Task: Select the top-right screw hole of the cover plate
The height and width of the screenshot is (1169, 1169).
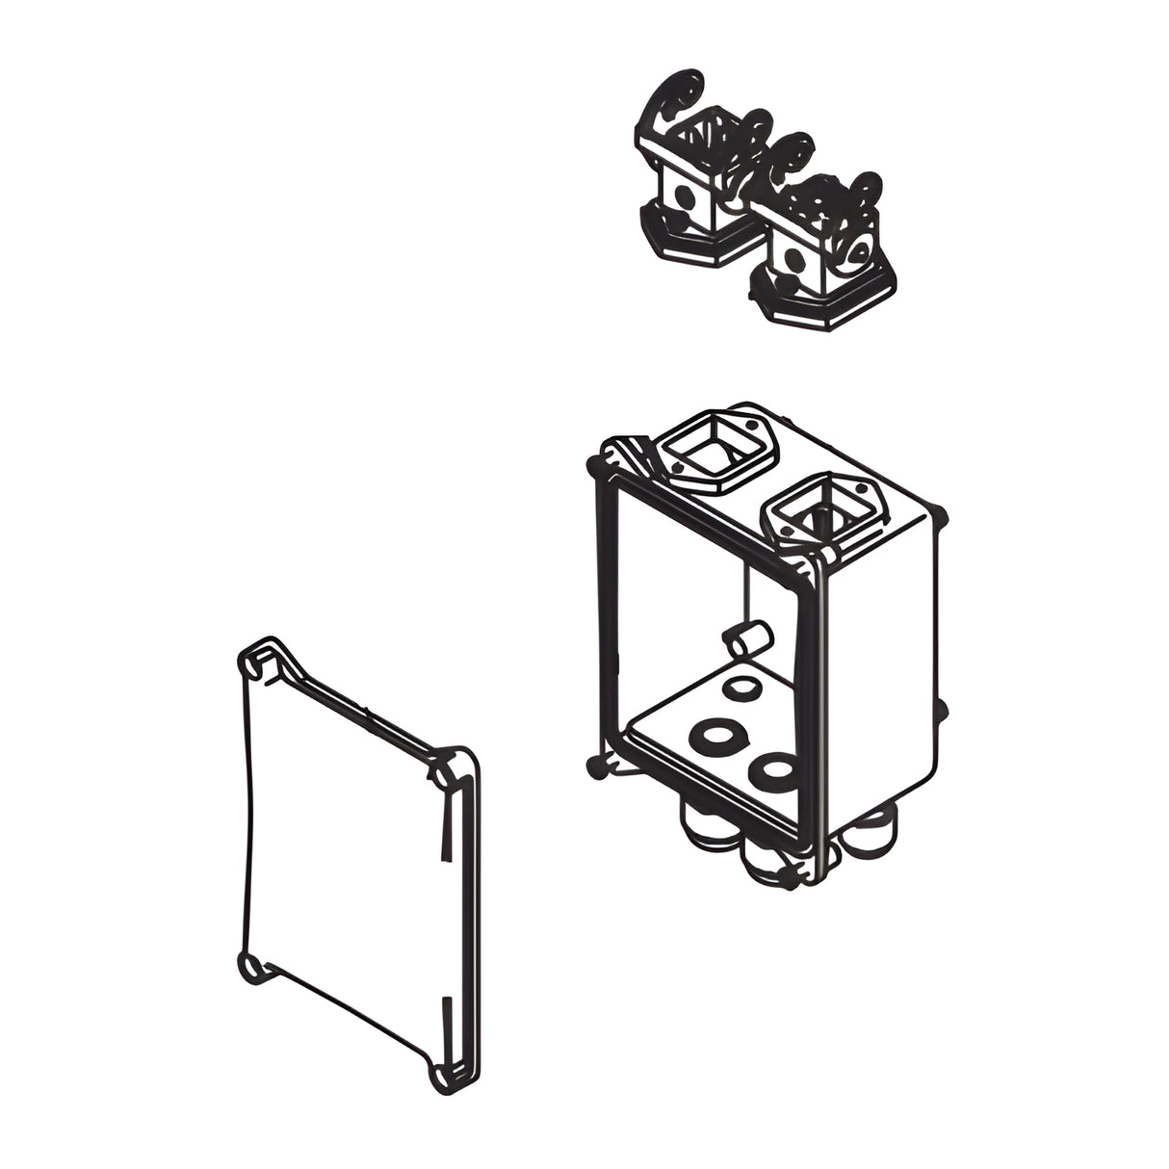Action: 446,776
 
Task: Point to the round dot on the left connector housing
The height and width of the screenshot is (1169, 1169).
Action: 685,195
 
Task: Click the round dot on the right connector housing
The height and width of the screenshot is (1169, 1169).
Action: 795,258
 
